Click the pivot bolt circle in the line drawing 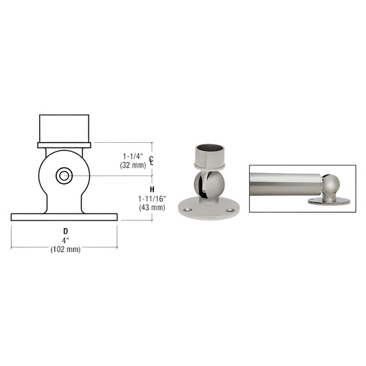[x=64, y=176]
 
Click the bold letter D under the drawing [x=65, y=231]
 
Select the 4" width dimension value [x=65, y=240]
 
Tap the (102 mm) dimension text [x=65, y=249]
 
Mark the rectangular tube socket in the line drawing [x=64, y=128]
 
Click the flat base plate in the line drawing [x=64, y=217]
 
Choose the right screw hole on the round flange [x=229, y=210]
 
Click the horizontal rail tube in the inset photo [x=282, y=184]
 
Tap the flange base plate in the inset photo [x=331, y=202]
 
